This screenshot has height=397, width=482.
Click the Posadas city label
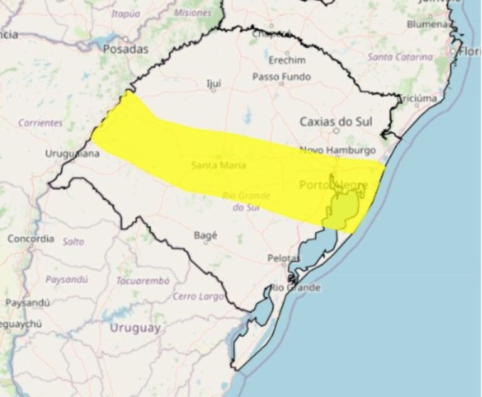coord(126,48)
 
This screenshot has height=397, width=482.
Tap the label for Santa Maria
coord(218,165)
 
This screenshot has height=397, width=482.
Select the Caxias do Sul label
coord(331,121)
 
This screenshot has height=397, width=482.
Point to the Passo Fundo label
coord(281,77)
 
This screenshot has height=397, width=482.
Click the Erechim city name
coord(287,60)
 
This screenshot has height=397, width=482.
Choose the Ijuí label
coord(213,82)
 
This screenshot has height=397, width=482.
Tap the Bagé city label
coord(206,235)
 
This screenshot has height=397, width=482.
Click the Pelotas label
coord(284,258)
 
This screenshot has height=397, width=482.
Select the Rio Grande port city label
coord(295,287)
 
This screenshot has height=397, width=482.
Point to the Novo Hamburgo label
coord(337,150)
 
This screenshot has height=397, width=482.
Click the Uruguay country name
coord(135,327)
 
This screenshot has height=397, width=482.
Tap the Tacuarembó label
coord(142,281)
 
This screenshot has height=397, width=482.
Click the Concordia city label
coord(31,239)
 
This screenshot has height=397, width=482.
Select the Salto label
coord(73,241)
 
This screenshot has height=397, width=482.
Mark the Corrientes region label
coord(40,123)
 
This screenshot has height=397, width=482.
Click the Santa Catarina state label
coord(400,57)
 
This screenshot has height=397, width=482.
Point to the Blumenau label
coord(430,24)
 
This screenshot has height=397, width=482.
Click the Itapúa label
coord(126,13)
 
